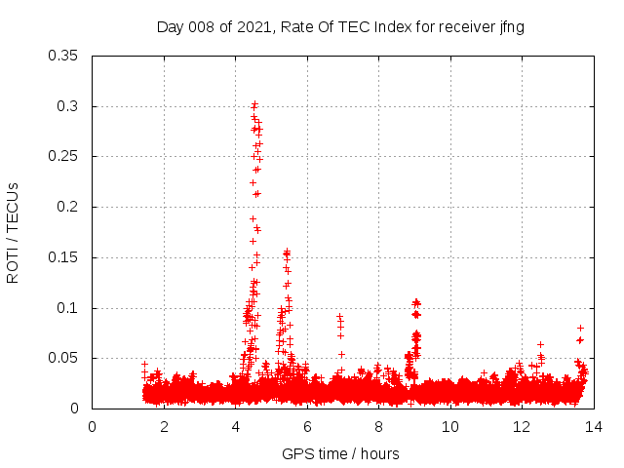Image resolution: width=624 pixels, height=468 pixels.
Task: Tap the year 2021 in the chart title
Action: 252,27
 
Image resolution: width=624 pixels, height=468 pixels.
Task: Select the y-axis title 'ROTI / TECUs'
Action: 14,232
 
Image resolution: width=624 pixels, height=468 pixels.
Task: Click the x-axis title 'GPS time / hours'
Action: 341,453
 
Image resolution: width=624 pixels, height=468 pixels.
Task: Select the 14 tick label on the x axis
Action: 593,427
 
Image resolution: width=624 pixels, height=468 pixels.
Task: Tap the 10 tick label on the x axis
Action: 449,427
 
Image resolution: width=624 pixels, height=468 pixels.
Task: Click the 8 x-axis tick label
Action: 378,427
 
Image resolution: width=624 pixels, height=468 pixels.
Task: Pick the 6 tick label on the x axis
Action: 307,427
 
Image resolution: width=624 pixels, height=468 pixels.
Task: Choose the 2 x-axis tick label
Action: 164,427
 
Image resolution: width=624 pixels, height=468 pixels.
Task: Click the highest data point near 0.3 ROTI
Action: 254,103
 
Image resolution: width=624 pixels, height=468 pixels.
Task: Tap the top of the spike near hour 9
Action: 416,302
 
